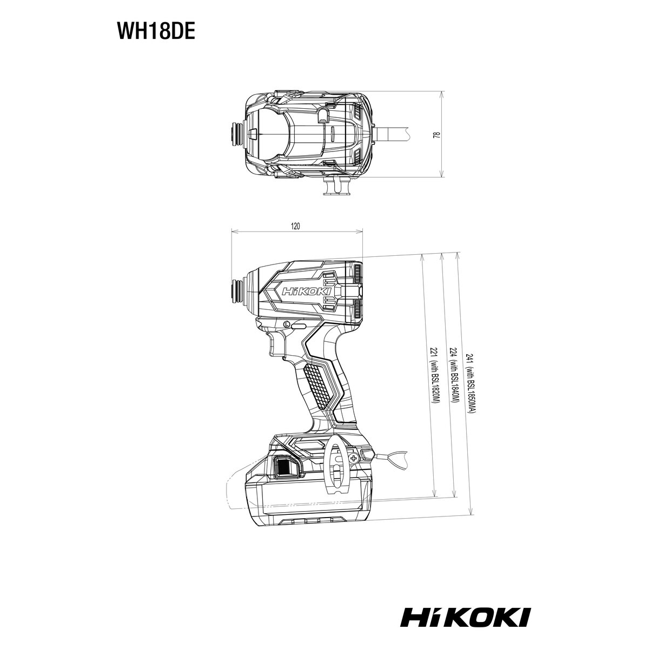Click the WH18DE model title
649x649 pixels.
coord(156,32)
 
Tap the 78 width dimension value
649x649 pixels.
coord(436,135)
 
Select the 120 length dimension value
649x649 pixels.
coord(295,226)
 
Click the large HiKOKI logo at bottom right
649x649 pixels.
coord(466,560)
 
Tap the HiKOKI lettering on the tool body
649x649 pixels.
coord(307,291)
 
